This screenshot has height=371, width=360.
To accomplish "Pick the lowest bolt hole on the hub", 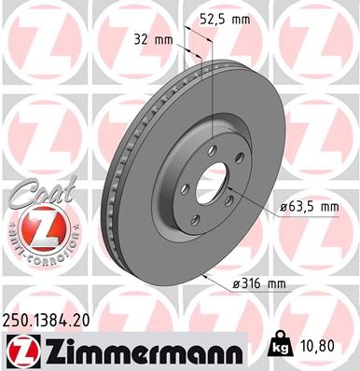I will tap(195, 220).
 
